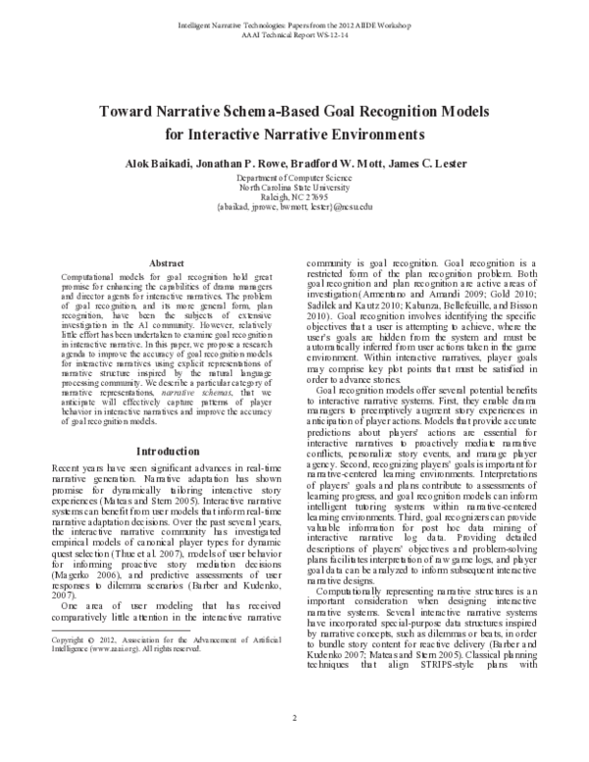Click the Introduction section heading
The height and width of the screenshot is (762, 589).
166,451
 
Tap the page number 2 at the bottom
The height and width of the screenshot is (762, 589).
294,746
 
